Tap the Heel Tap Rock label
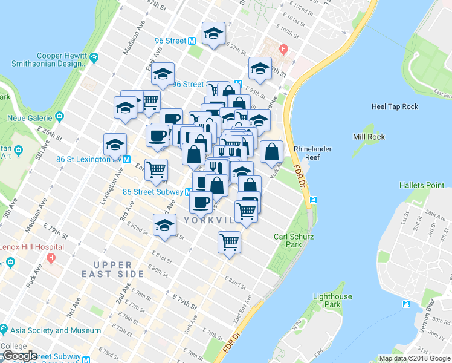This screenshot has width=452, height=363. tap(395, 106)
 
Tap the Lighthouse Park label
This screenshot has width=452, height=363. tap(332, 301)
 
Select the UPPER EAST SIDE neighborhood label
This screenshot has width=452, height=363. tap(119, 270)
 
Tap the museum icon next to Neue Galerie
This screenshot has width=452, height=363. tap(59, 116)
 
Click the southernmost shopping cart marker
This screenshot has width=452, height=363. tap(229, 242)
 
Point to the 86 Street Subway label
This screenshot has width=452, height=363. tap(153, 191)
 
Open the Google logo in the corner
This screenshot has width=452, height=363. tap(19, 356)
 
